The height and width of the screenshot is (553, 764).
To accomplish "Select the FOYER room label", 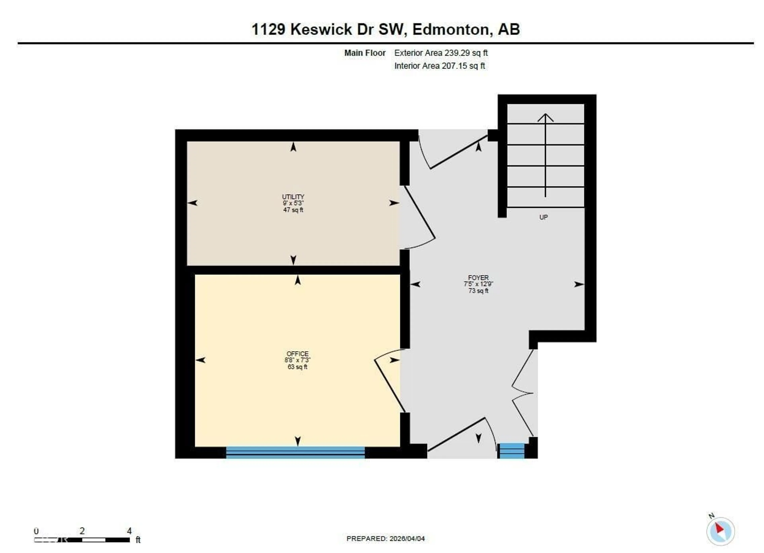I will (x=478, y=278).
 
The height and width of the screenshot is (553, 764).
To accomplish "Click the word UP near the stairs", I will (x=543, y=217).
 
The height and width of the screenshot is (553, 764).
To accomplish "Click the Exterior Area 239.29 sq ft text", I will (x=441, y=53).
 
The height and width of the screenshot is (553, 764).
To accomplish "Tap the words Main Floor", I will (x=365, y=53).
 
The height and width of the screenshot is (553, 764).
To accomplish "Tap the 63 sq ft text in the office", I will (x=297, y=367).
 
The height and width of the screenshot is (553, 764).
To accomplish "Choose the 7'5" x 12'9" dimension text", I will (x=478, y=284).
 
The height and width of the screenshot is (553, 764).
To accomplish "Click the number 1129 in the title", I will (x=268, y=29).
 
